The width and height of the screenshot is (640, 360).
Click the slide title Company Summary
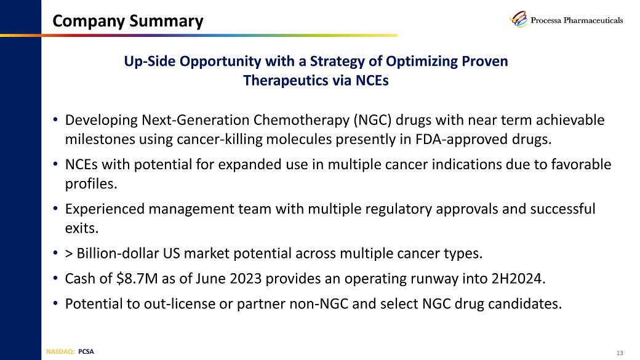(x=127, y=22)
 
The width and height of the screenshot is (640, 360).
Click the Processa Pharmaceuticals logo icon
(x=518, y=20)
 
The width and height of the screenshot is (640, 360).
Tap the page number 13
(x=619, y=353)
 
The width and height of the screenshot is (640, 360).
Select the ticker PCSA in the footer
(x=87, y=352)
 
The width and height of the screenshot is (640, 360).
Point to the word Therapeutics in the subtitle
(x=285, y=81)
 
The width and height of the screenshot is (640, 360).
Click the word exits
(x=81, y=228)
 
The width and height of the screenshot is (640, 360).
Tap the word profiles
(x=90, y=184)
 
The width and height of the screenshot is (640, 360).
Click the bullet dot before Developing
(x=55, y=119)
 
